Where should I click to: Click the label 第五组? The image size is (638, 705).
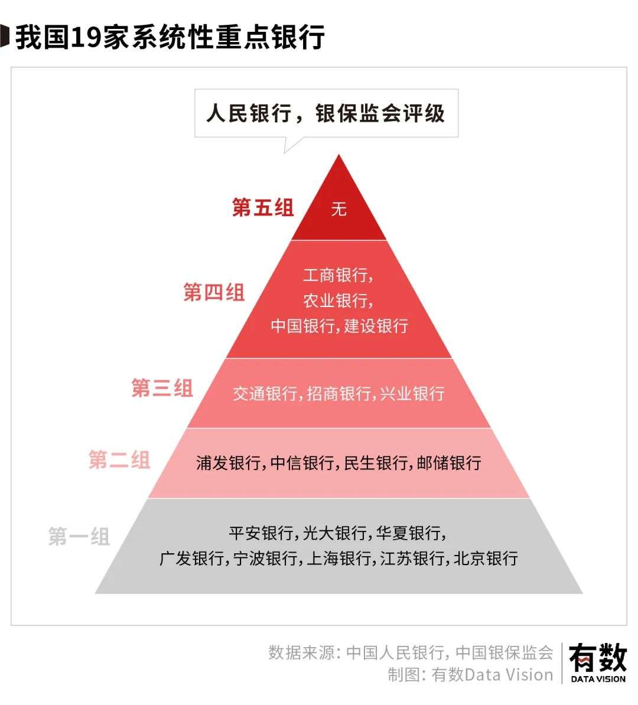tap(262, 208)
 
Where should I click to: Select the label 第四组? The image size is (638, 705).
tap(213, 292)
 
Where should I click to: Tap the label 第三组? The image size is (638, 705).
tap(161, 389)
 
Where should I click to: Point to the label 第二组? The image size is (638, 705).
tap(119, 460)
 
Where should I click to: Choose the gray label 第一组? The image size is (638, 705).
tap(79, 537)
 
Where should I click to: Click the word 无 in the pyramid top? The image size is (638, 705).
tap(338, 209)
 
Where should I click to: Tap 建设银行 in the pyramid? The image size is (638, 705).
tap(376, 326)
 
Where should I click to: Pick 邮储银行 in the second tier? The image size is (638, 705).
tap(449, 462)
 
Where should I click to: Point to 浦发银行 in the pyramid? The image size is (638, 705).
tap(228, 462)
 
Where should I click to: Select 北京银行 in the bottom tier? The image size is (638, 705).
tap(486, 559)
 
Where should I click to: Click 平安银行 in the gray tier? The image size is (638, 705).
tap(261, 533)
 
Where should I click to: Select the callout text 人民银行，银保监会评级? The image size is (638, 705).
tap(325, 113)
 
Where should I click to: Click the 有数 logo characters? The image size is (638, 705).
tap(597, 657)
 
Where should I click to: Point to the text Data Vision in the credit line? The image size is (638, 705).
tap(509, 674)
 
